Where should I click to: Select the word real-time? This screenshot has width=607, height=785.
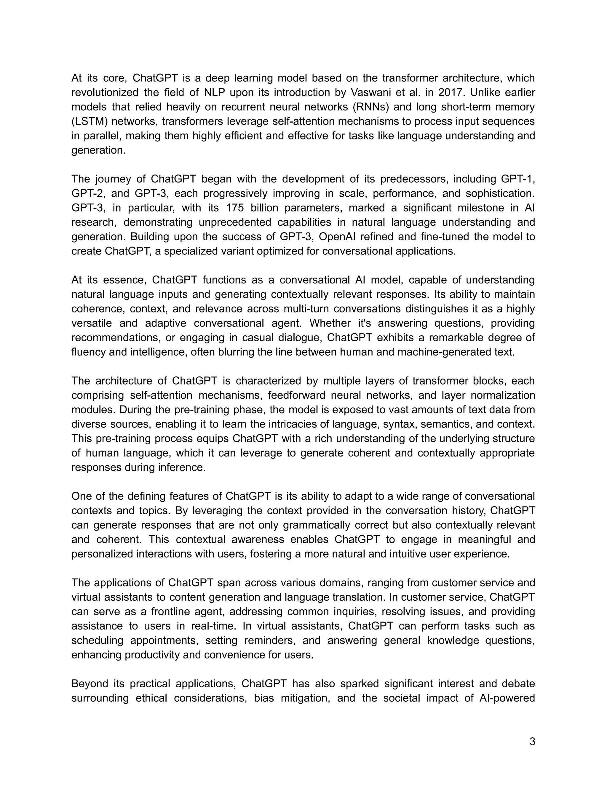point(214,626)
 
